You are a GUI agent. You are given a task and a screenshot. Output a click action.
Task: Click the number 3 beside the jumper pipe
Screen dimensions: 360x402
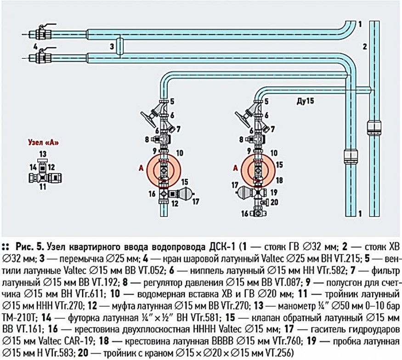(112, 46)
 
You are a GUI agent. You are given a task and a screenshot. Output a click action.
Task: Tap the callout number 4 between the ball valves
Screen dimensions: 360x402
(35, 46)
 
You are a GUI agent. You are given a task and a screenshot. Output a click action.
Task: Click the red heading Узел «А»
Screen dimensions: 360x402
(42, 142)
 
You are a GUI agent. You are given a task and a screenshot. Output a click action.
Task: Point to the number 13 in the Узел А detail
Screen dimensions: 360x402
(43, 153)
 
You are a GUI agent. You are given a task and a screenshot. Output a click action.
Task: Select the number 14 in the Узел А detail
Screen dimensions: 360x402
(33, 166)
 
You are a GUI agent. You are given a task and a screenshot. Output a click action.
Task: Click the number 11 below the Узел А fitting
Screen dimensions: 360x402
(43, 188)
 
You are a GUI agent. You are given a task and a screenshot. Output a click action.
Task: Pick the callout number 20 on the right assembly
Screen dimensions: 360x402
(274, 201)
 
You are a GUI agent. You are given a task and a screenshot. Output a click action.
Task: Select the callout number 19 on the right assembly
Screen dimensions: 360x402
(275, 192)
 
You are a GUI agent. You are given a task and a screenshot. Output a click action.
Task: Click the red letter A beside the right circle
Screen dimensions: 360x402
(235, 169)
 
